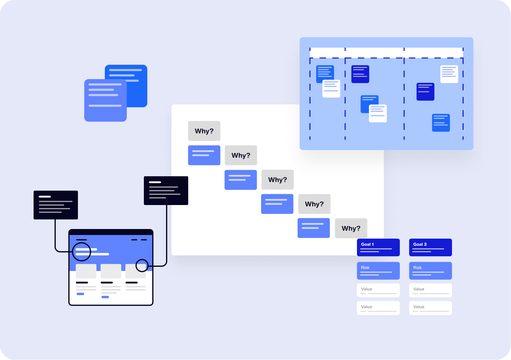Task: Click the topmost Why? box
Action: pyautogui.click(x=204, y=131)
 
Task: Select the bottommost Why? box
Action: pyautogui.click(x=351, y=228)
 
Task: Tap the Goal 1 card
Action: pyautogui.click(x=378, y=247)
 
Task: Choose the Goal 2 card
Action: pyautogui.click(x=430, y=247)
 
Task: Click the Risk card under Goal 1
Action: pyautogui.click(x=378, y=271)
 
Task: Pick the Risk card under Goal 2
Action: pyautogui.click(x=430, y=271)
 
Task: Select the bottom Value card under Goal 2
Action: pyautogui.click(x=430, y=308)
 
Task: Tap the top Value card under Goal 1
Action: pyautogui.click(x=378, y=290)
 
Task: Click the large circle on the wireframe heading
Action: pyautogui.click(x=82, y=251)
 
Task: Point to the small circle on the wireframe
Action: pyautogui.click(x=142, y=266)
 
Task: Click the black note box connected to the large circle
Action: pyautogui.click(x=56, y=205)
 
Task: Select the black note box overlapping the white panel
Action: pyautogui.click(x=166, y=191)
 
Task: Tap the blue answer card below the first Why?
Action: pyautogui.click(x=204, y=155)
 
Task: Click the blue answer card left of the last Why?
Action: pyautogui.click(x=313, y=228)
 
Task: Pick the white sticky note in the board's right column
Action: pyautogui.click(x=449, y=74)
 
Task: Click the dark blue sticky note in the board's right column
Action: pyautogui.click(x=425, y=92)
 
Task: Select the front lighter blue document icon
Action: pyautogui.click(x=105, y=100)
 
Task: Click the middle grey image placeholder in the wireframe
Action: pyautogui.click(x=111, y=271)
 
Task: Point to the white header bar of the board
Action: pyautogui.click(x=386, y=53)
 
